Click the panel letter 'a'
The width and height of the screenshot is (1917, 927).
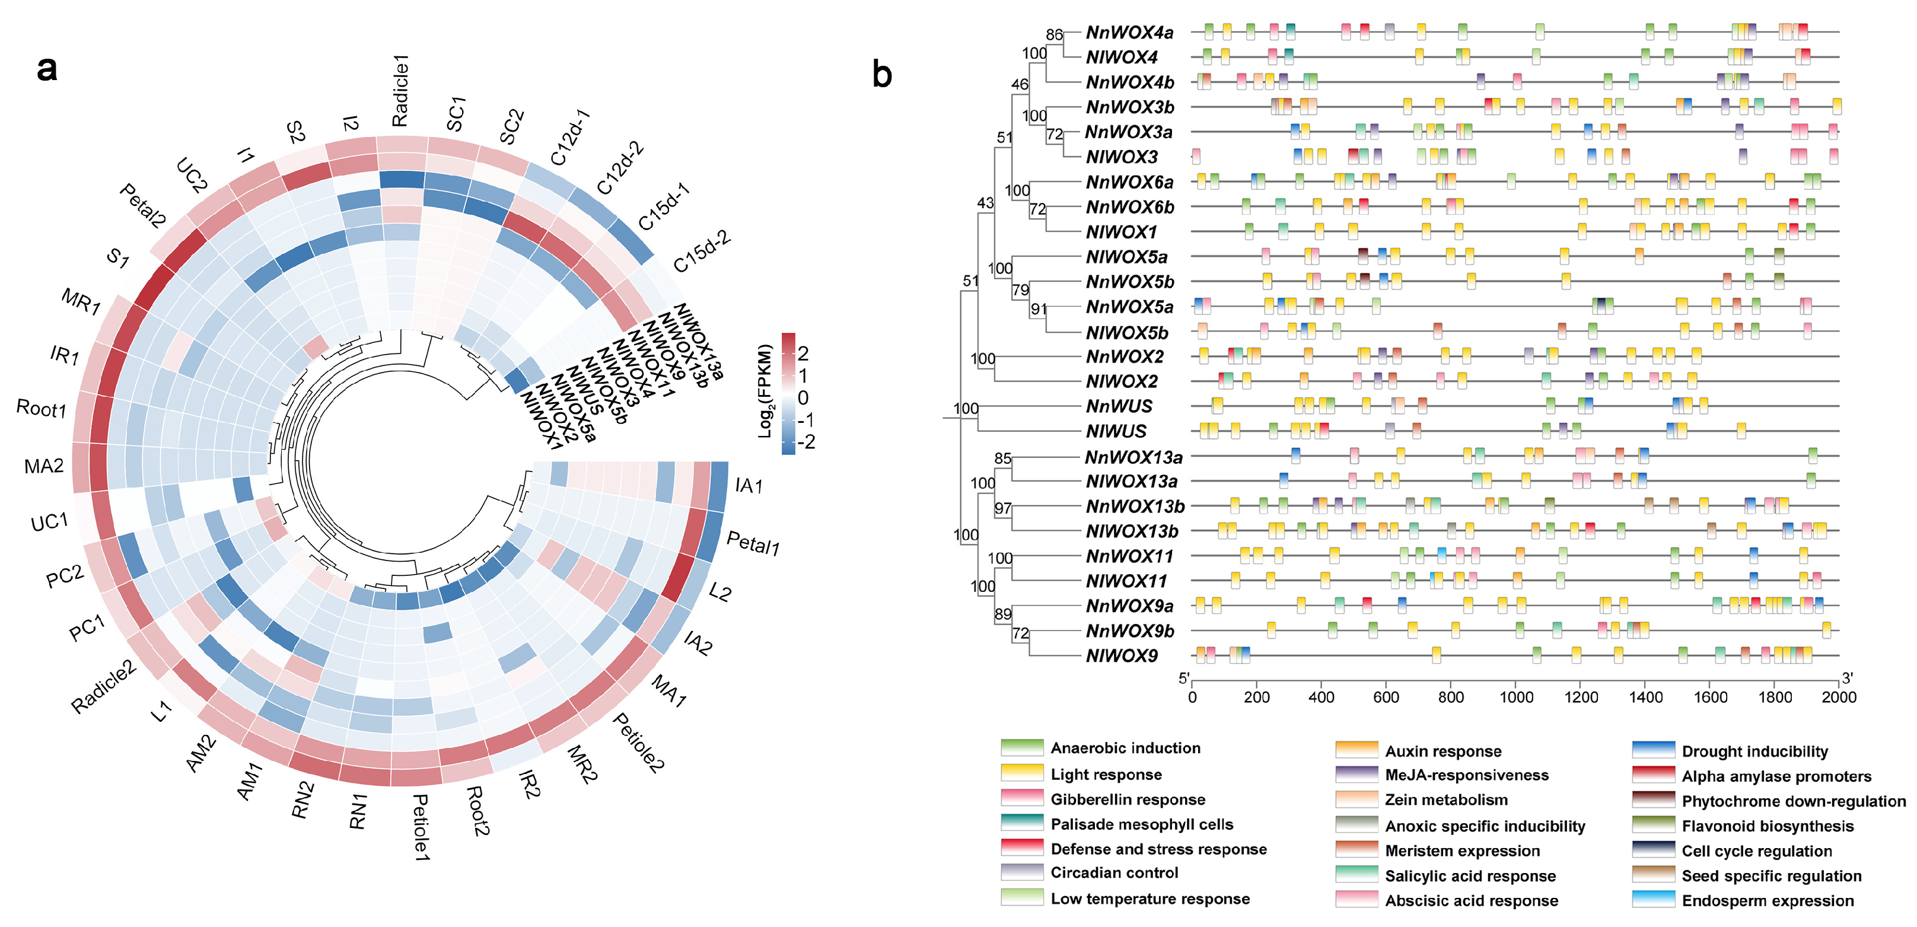(x=46, y=68)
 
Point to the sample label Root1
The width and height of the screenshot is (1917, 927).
(x=42, y=409)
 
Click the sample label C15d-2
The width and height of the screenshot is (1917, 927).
(x=702, y=251)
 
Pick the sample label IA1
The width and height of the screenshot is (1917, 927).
(x=749, y=486)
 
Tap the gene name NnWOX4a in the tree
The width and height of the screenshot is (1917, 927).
(x=1129, y=33)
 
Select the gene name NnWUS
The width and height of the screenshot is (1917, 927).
(x=1119, y=406)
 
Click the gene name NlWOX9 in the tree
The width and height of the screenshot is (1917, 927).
(x=1122, y=656)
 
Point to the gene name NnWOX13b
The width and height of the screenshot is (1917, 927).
(x=1135, y=506)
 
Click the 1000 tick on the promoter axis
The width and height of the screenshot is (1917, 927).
(x=1516, y=697)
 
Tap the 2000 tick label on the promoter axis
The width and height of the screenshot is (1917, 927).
(x=1838, y=697)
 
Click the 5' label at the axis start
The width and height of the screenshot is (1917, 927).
(x=1183, y=678)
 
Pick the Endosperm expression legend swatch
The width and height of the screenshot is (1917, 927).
(x=1653, y=900)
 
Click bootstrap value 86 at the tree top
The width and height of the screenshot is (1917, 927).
(x=1054, y=34)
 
